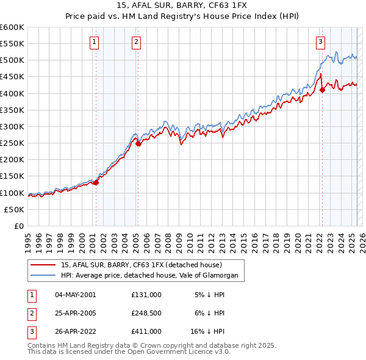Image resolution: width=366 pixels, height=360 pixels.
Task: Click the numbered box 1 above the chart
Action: (95, 42)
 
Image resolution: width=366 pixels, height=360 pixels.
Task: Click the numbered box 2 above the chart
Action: (135, 42)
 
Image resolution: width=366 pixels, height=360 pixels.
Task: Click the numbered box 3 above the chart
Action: (320, 42)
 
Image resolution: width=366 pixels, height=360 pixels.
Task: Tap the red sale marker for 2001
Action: (96, 182)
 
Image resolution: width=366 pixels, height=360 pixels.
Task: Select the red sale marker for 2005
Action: (138, 143)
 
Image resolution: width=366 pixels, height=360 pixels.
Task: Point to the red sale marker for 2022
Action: (322, 90)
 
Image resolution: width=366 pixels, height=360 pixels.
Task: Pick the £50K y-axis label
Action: (15, 209)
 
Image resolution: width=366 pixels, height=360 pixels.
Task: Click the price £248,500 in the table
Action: (146, 313)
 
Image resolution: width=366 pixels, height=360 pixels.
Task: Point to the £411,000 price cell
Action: (146, 332)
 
